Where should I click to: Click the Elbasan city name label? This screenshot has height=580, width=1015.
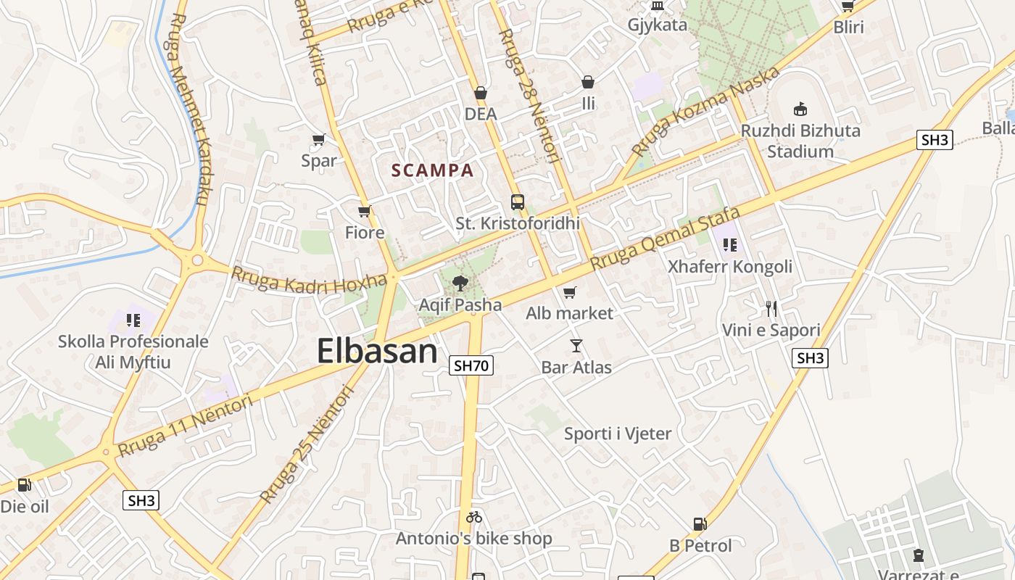(x=377, y=351)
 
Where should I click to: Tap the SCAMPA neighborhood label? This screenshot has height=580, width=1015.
(x=432, y=170)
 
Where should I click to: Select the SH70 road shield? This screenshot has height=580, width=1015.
(x=471, y=365)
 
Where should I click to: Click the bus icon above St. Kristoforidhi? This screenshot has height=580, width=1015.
(x=518, y=202)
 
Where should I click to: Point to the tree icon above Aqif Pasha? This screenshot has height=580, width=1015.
(x=460, y=283)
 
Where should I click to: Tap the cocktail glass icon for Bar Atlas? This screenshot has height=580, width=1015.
(x=576, y=346)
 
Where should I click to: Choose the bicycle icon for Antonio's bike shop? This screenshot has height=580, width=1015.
(x=474, y=517)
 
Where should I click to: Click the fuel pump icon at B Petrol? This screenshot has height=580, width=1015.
(x=700, y=523)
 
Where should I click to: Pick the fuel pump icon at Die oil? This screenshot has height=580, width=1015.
(x=25, y=484)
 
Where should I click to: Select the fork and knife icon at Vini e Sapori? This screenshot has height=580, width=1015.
(x=771, y=309)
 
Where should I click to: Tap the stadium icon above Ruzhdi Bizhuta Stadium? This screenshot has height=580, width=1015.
(x=800, y=109)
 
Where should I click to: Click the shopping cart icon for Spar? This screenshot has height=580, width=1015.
(x=318, y=139)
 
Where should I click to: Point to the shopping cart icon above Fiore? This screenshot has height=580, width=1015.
(x=365, y=212)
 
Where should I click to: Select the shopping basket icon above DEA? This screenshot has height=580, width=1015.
(x=480, y=93)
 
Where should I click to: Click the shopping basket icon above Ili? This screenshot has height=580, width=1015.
(x=588, y=82)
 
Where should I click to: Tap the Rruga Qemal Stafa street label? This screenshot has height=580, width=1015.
(x=666, y=239)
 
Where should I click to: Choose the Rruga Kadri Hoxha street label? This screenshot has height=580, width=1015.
(x=309, y=281)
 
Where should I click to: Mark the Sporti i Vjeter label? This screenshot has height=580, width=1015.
(x=618, y=434)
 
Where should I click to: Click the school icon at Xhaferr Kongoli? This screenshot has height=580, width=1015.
(x=729, y=245)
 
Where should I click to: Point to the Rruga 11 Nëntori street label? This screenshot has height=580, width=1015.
(x=186, y=426)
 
